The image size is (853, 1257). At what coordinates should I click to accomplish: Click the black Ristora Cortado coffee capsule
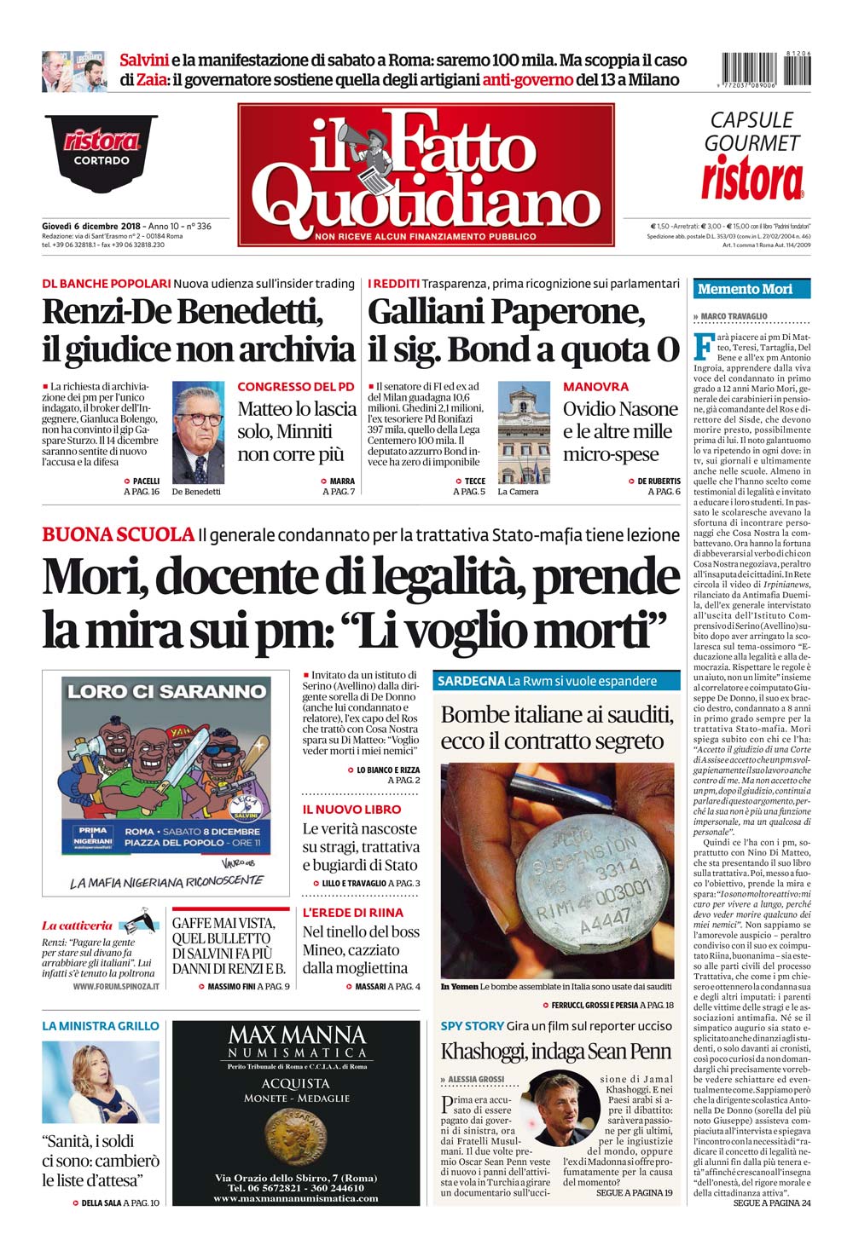tap(102, 152)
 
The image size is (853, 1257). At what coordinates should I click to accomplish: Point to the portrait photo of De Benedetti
tap(198, 432)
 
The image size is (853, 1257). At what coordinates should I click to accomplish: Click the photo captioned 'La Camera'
tap(524, 432)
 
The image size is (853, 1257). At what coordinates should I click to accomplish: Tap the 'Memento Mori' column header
tap(745, 289)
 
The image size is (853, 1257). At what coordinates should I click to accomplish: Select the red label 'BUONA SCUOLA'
tap(118, 534)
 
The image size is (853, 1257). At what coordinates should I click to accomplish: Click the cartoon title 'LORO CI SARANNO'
tap(167, 691)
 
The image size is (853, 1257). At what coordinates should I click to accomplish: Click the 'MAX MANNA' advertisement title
tap(297, 1035)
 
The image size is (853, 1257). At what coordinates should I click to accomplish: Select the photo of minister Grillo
tap(101, 1082)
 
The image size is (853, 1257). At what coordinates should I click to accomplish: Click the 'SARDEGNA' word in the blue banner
tap(471, 681)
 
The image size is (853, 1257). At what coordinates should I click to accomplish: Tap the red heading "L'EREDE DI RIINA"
tap(352, 913)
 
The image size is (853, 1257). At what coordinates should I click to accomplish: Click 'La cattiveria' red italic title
tap(78, 925)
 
